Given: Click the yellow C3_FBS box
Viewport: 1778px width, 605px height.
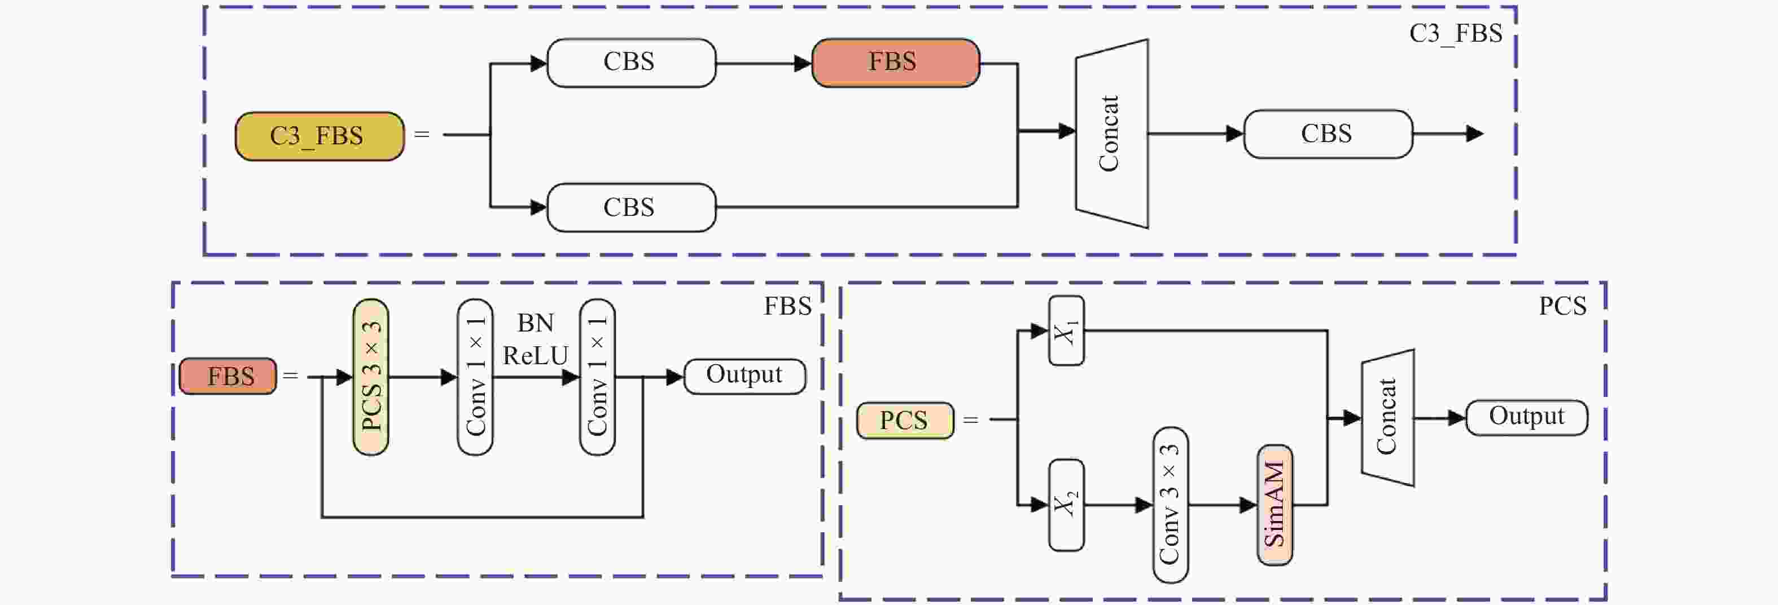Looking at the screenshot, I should click(x=319, y=136).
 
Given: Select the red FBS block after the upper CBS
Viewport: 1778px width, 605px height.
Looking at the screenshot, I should click(x=895, y=62).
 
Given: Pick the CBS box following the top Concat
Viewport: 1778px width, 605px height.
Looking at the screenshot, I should click(x=1327, y=134).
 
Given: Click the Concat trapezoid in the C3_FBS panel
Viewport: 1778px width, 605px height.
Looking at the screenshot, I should click(x=1111, y=133).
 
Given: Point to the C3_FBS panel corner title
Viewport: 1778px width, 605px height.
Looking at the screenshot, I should click(x=1455, y=33).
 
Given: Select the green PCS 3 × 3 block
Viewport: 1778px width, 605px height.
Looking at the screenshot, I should click(x=371, y=377).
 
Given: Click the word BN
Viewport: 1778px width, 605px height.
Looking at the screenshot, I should click(x=536, y=323).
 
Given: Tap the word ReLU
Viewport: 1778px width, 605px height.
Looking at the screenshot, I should click(x=536, y=356).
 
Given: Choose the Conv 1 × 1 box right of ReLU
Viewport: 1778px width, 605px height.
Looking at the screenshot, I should click(x=597, y=377).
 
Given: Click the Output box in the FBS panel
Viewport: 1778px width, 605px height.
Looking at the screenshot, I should click(x=744, y=376).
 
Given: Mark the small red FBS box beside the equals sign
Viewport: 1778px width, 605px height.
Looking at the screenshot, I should click(x=228, y=377).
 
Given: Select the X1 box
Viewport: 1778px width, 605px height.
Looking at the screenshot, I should click(x=1066, y=330).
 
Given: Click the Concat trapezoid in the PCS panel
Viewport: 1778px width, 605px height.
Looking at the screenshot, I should click(x=1387, y=417).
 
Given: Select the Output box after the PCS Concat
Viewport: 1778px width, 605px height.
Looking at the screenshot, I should click(x=1526, y=417).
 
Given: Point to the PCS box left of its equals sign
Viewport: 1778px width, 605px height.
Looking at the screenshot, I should click(x=905, y=420).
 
